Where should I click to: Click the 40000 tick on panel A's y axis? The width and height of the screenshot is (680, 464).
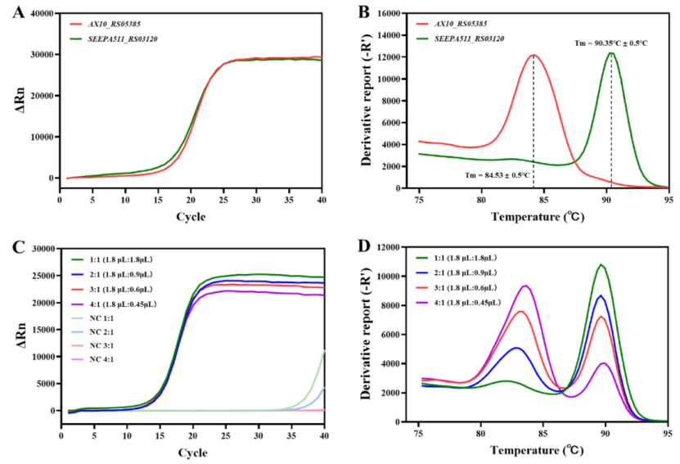[40, 13]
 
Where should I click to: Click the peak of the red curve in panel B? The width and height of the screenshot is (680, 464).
[534, 55]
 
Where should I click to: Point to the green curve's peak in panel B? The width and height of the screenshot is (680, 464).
[610, 53]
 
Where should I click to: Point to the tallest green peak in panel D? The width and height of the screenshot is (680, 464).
[601, 264]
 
